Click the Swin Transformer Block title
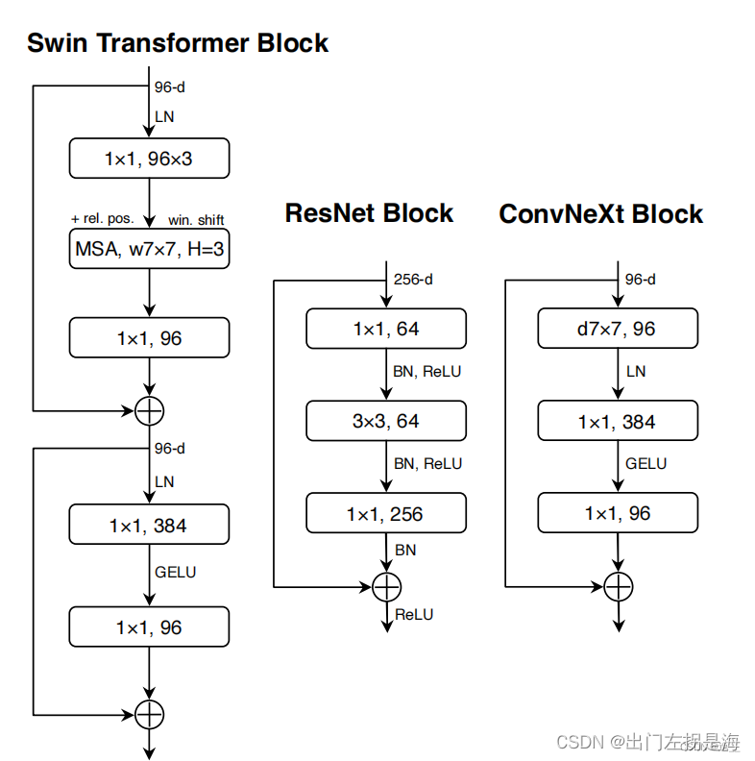(x=178, y=43)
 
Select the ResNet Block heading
(x=369, y=213)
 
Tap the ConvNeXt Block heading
(x=600, y=214)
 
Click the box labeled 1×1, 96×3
(x=149, y=159)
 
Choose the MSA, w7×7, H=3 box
(x=149, y=251)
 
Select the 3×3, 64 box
(x=386, y=421)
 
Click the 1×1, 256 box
(x=386, y=513)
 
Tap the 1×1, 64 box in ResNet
(x=386, y=329)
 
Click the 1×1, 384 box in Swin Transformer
(x=149, y=526)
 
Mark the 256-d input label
(x=414, y=280)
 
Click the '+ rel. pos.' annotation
(x=102, y=219)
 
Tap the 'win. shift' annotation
(x=196, y=219)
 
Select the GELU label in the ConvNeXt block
(x=645, y=463)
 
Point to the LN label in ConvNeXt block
(x=635, y=371)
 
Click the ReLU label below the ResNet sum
(x=414, y=614)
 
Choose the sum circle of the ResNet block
(x=386, y=585)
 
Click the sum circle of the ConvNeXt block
(x=618, y=585)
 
